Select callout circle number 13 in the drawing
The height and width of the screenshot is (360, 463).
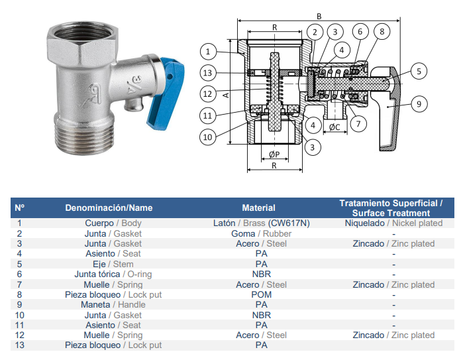[207, 73]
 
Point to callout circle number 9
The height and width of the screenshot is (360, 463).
[419, 104]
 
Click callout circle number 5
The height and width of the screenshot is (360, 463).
[419, 71]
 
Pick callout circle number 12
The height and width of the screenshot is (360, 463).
[207, 94]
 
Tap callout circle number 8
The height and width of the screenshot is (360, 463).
[382, 31]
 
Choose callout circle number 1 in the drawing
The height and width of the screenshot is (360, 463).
[208, 52]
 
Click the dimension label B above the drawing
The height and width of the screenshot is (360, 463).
[319, 17]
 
